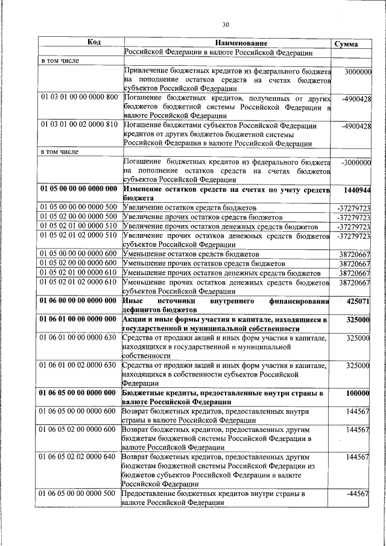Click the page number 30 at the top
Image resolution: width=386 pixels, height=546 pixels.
coord(226,25)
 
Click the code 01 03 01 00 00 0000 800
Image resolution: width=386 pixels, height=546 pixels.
coord(79,97)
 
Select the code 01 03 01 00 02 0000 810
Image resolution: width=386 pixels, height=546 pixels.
coord(79,125)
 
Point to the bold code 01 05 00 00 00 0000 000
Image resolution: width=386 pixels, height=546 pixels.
coord(79,189)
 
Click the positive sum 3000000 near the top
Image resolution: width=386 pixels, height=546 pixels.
coord(357,72)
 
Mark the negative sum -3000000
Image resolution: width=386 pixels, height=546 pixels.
coord(355,162)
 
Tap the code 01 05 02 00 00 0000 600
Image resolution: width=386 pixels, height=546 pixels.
coord(79,263)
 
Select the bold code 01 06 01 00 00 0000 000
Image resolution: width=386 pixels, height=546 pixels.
coord(79,319)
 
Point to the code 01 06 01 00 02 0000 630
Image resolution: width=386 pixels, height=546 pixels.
coord(79,365)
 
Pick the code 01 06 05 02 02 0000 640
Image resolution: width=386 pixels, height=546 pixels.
coord(79,457)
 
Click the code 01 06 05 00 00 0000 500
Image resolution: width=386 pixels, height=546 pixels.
coord(79,494)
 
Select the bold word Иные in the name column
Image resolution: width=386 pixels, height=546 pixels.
coord(133,300)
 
